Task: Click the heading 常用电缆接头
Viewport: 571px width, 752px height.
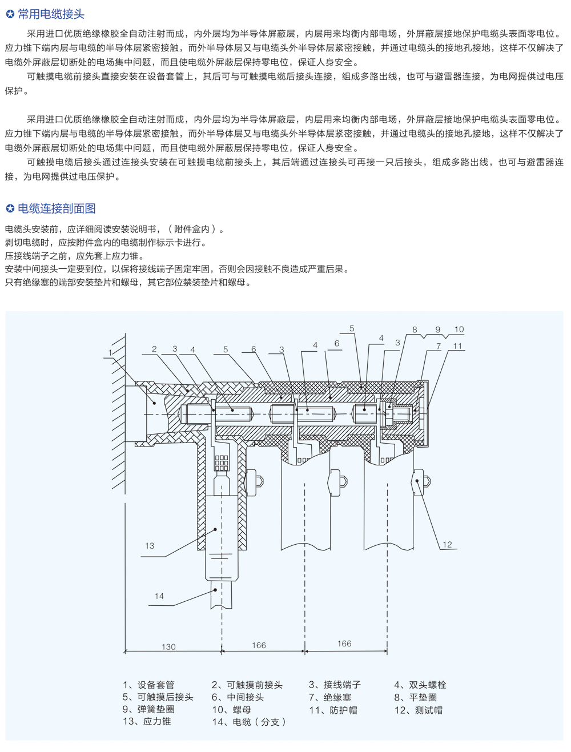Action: [51, 14]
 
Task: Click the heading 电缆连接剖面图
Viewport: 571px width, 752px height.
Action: [57, 208]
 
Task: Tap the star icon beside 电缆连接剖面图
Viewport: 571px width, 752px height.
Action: [10, 209]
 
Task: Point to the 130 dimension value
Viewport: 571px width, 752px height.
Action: [168, 647]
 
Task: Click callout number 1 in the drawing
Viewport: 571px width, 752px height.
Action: [110, 353]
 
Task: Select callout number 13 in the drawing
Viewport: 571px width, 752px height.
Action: [150, 546]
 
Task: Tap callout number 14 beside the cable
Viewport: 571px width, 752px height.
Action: [159, 596]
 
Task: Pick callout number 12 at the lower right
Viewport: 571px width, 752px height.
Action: [447, 545]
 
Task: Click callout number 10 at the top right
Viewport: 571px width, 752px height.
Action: [459, 329]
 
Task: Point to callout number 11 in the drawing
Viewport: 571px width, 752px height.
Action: [457, 346]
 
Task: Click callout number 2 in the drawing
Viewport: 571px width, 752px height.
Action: [154, 349]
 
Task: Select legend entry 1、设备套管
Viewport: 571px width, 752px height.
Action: [148, 685]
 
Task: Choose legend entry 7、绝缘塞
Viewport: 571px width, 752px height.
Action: [330, 697]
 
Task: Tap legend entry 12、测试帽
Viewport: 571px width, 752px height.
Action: [418, 710]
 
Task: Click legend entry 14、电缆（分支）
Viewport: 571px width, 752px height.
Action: [249, 722]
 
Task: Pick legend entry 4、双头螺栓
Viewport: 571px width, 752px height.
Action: [420, 685]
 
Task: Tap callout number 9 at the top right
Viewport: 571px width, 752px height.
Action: [438, 329]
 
